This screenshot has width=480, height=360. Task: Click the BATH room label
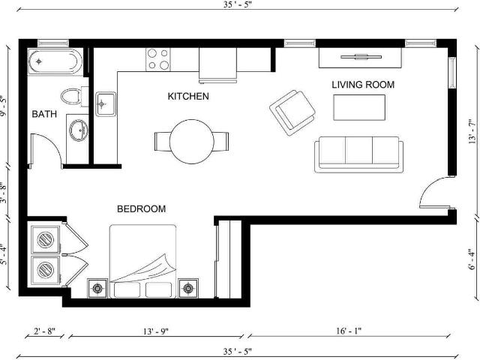(44, 114)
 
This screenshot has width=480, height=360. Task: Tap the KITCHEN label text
(188, 96)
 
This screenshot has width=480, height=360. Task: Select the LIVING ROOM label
(363, 85)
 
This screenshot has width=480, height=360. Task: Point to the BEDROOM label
(142, 208)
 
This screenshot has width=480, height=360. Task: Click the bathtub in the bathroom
(55, 61)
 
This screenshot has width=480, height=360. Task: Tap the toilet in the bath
(74, 97)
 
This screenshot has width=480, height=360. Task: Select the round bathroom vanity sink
(79, 130)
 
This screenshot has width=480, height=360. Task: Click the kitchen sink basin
(106, 104)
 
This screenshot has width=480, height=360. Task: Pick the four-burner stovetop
(158, 59)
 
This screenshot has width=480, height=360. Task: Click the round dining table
(192, 142)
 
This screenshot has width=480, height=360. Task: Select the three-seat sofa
(358, 154)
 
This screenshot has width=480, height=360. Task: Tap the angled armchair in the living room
(292, 112)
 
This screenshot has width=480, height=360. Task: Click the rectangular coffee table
(359, 107)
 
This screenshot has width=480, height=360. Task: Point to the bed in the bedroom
(143, 262)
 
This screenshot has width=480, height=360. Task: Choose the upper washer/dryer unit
(46, 240)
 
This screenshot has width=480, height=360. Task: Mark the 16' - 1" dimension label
(349, 331)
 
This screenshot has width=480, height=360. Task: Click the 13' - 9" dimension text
(156, 331)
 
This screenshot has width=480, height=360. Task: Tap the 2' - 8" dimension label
(44, 331)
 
